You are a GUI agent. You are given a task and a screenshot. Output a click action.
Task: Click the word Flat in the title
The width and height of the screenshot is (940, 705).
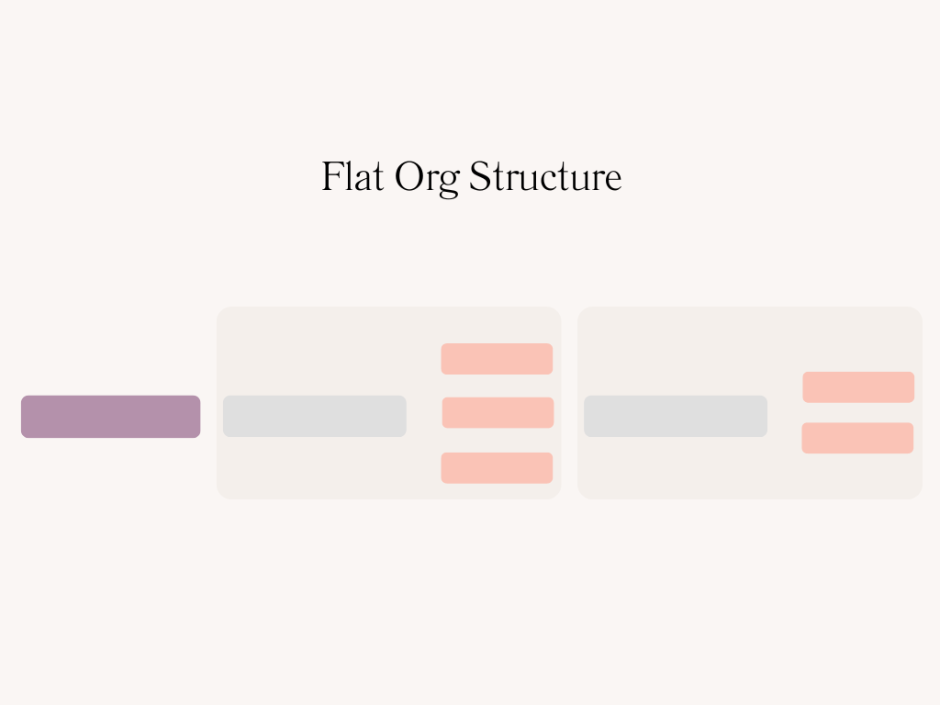(352, 176)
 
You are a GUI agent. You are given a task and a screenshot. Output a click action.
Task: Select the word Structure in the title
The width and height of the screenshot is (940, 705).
(545, 176)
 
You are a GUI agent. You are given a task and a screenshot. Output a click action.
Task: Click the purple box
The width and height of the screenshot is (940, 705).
(110, 417)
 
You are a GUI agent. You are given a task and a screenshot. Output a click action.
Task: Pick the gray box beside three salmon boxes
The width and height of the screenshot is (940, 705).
(314, 416)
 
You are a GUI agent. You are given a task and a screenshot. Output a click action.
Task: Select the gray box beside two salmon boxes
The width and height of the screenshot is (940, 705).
(675, 416)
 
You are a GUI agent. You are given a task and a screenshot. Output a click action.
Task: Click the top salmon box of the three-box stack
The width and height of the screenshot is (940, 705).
(497, 359)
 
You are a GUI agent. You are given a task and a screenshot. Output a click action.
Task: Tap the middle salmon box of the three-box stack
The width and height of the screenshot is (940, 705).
(498, 413)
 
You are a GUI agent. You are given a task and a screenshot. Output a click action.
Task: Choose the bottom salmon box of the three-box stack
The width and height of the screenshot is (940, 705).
(497, 468)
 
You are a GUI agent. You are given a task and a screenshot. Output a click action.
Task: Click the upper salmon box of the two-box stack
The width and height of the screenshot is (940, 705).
(858, 387)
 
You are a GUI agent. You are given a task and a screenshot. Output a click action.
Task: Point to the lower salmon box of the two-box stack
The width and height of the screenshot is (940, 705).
(857, 438)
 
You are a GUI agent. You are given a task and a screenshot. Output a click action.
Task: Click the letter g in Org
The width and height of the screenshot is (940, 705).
(448, 183)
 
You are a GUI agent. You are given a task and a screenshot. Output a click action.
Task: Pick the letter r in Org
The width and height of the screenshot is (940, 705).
(431, 180)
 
